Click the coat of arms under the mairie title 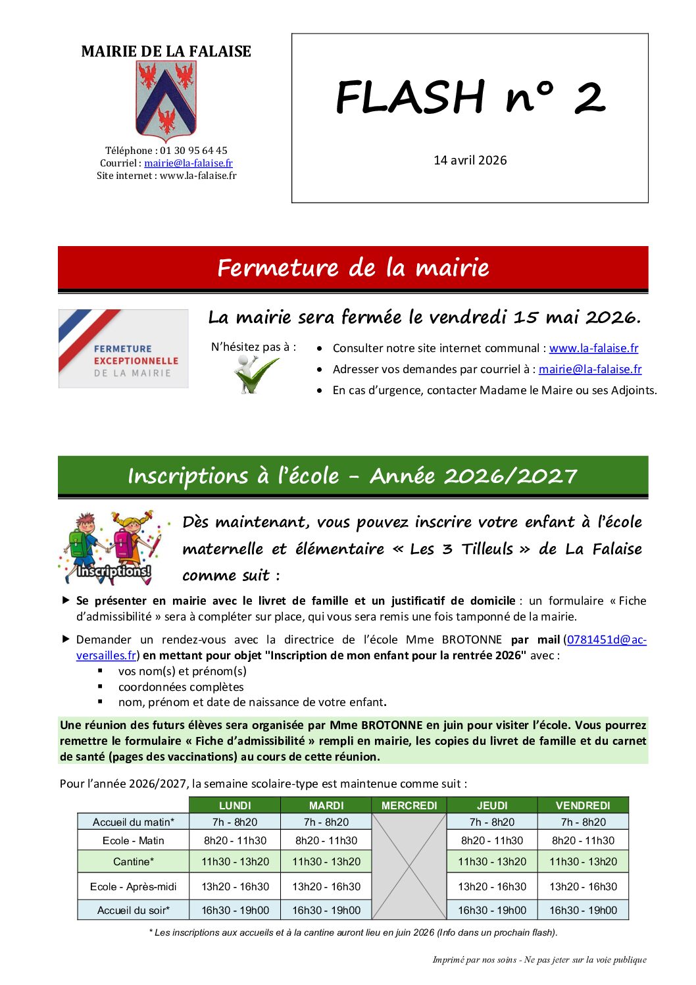coord(166,101)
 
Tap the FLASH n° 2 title coord(470,97)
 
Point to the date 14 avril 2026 coord(470,160)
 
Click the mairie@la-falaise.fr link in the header coord(188,163)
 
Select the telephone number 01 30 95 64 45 coord(193,151)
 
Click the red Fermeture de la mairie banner coord(353,268)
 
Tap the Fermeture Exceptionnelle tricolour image coord(124,349)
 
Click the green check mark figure coord(255,374)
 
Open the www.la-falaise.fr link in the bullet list coord(593,348)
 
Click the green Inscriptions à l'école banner coord(353,476)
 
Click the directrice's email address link coord(606,640)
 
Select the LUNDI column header coord(235,805)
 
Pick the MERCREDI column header coord(409,805)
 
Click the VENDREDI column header coord(583,805)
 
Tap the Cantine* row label coord(134,861)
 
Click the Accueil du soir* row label coord(134,910)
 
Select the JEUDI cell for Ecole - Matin coord(492,840)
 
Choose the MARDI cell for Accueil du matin coord(326,822)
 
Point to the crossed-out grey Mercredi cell coord(409,866)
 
